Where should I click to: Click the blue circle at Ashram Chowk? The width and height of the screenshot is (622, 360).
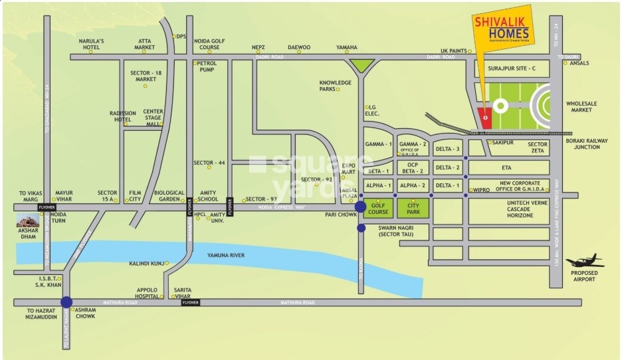66,303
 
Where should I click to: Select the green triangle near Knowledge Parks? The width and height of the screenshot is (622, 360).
362,65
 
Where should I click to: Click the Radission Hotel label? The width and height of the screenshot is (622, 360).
123,116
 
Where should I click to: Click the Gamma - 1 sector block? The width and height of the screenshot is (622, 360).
379,144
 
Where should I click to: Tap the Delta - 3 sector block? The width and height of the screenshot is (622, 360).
447,149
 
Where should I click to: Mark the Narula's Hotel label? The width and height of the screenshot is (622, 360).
92,45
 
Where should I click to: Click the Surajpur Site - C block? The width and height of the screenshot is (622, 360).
510,68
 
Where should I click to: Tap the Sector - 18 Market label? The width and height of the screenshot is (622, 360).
146,76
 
